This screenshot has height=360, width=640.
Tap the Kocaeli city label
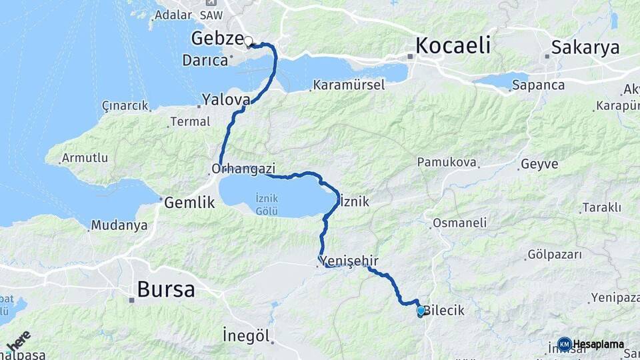click(x=453, y=45)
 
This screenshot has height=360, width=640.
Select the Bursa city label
click(x=166, y=289)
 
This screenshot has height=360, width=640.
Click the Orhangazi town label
click(x=243, y=169)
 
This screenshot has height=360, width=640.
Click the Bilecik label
click(x=445, y=311)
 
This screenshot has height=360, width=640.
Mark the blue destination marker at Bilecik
click(x=421, y=311)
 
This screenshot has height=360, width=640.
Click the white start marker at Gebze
click(x=248, y=41)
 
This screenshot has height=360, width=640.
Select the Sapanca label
click(x=539, y=85)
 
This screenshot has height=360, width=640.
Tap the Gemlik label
click(x=189, y=202)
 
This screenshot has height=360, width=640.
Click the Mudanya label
click(x=119, y=225)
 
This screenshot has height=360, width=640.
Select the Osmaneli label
click(x=459, y=223)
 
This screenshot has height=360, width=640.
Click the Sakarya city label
click(x=585, y=47)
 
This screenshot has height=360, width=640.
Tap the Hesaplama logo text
click(x=598, y=345)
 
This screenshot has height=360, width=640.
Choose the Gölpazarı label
click(x=554, y=254)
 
